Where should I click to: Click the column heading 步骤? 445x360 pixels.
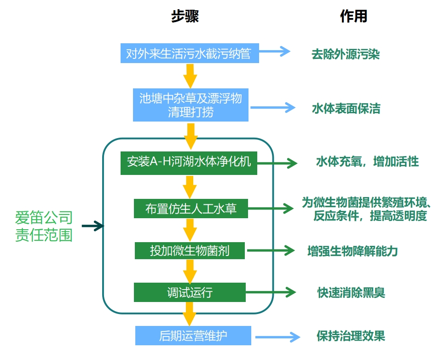tap(185, 17)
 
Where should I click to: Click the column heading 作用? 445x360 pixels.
tap(353, 17)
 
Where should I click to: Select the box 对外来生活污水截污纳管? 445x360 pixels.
tap(189, 53)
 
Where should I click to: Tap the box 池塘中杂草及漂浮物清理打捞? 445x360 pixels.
tap(191, 105)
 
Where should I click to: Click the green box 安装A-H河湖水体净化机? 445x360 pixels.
tap(189, 163)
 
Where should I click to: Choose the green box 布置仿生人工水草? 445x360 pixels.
tap(191, 209)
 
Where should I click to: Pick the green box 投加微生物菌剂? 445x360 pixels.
tap(190, 250)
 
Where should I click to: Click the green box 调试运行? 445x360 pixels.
tap(190, 292)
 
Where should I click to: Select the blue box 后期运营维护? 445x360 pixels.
tap(193, 336)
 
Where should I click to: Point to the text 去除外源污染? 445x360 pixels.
tap(345, 54)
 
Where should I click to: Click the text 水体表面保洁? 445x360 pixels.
tap(346, 109)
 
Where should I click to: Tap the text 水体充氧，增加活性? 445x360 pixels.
tap(367, 162)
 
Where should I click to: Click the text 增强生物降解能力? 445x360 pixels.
tap(352, 251)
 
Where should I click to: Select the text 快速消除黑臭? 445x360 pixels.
tap(351, 292)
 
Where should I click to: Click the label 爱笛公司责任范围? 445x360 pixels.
tap(44, 226)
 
